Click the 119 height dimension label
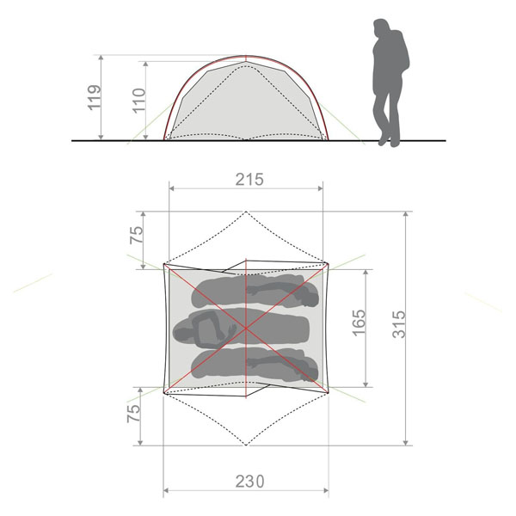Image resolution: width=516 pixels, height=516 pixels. point(94,97)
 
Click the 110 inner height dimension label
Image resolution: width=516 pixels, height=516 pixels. point(139,101)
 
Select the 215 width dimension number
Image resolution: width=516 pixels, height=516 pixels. point(249,180)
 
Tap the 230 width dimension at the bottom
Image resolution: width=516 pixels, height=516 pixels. point(249,482)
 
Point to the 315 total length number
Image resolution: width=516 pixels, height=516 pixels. point(400,324)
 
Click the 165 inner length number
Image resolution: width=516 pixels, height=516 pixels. point(359,322)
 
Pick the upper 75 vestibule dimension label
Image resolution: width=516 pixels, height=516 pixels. point(137,235)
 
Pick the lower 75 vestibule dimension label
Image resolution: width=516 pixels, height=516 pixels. point(133,414)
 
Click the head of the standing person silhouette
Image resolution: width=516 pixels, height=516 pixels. point(382,28)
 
